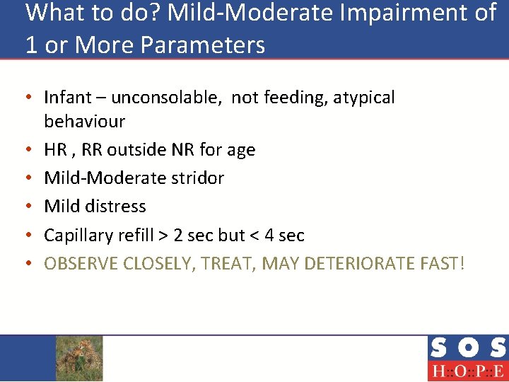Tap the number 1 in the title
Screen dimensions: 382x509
click(30, 45)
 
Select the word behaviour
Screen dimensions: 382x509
click(84, 122)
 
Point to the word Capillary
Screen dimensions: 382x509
click(77, 235)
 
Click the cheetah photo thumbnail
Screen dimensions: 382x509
click(79, 358)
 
